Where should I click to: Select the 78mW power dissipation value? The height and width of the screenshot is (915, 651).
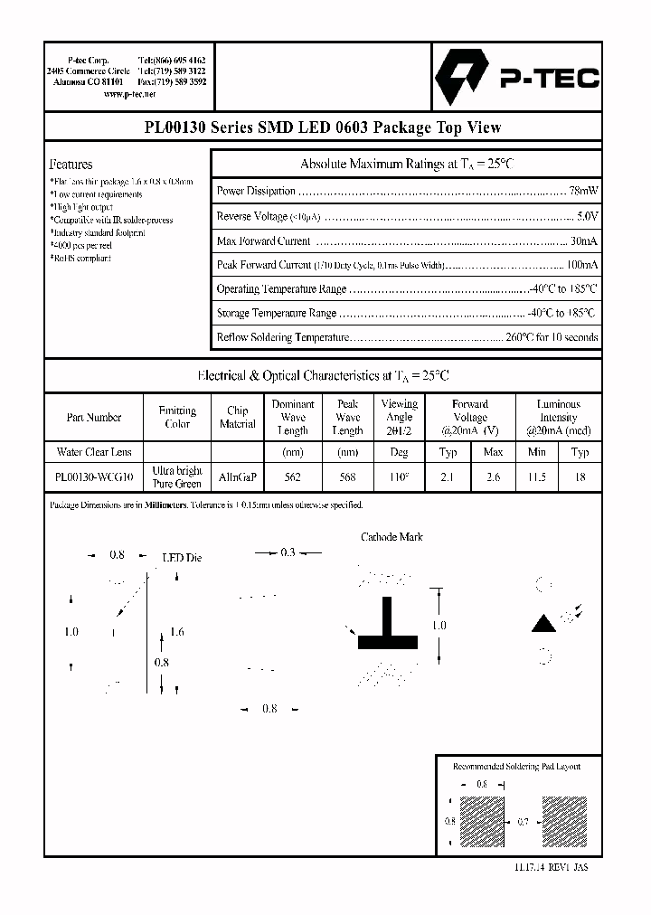(x=582, y=192)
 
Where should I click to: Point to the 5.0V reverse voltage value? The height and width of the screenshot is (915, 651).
(x=587, y=217)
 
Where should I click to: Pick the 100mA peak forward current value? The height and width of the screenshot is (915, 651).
(x=580, y=265)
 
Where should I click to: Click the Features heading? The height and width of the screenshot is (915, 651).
(x=71, y=165)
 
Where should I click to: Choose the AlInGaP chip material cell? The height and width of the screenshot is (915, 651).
(x=237, y=477)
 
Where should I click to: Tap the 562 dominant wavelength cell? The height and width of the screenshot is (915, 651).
(x=292, y=477)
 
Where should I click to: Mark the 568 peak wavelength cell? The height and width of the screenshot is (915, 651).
(x=347, y=477)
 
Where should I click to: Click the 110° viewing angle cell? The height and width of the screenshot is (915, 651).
(x=399, y=477)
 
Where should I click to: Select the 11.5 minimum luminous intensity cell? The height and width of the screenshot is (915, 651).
(x=536, y=477)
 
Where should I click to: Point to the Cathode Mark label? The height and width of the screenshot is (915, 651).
(x=392, y=537)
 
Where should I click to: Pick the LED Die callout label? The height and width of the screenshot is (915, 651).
(x=181, y=558)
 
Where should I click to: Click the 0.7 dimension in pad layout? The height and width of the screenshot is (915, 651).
(x=524, y=821)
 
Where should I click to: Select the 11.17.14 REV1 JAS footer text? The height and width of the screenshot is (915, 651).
(x=552, y=865)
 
